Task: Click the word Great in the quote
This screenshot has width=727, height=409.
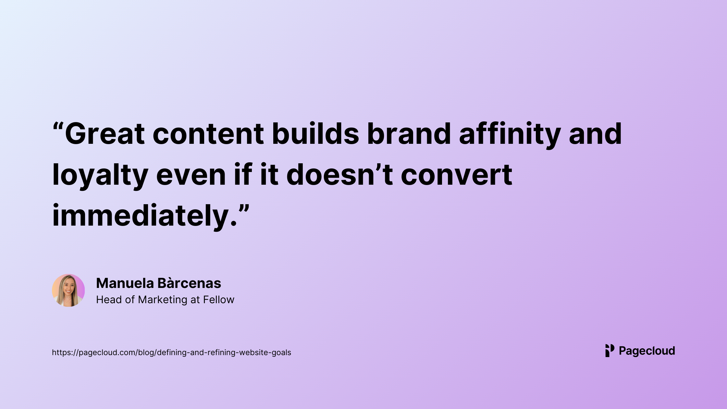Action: coord(105,133)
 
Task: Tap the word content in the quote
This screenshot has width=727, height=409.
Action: coord(208,133)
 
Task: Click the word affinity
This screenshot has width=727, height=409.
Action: coord(510,135)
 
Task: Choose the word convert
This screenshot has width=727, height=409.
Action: coord(457,175)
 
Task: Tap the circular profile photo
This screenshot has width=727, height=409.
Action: coord(68,291)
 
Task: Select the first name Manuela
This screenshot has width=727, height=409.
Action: coord(125,283)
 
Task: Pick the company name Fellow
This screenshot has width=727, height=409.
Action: coord(219,300)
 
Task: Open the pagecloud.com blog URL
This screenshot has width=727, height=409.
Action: coord(171,353)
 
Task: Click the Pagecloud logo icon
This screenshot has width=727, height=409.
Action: coord(610,351)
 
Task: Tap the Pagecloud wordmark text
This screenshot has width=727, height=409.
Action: coord(647,351)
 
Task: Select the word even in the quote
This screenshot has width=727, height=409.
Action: coord(191,176)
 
